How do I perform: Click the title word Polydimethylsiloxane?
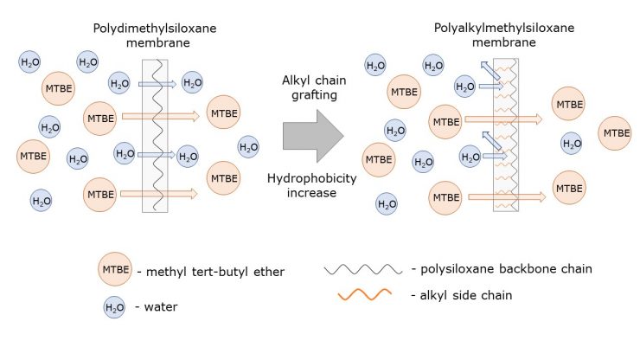click(155, 29)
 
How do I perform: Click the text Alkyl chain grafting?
click(314, 87)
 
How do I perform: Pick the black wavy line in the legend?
click(362, 270)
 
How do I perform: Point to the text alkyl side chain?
click(459, 295)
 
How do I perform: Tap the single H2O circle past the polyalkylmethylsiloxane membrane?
click(572, 143)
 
